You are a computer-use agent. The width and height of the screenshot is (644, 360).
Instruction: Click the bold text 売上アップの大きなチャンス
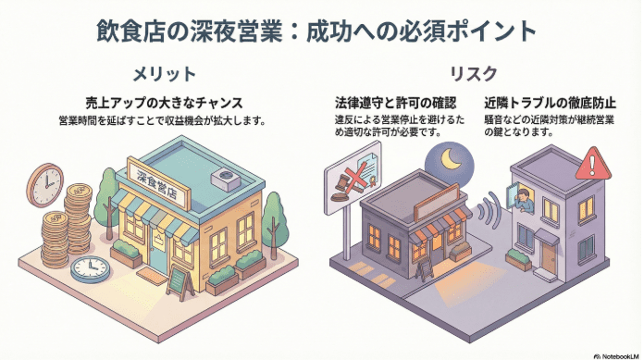(165, 103)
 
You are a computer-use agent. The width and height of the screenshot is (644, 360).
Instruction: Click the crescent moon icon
(451, 163)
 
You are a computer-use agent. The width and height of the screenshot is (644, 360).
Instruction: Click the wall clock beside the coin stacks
(43, 185)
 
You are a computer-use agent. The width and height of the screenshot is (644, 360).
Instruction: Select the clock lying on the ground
(90, 269)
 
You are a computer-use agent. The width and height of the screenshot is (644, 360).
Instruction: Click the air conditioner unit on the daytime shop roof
(225, 177)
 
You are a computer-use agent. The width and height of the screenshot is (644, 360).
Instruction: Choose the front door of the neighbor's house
(551, 252)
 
